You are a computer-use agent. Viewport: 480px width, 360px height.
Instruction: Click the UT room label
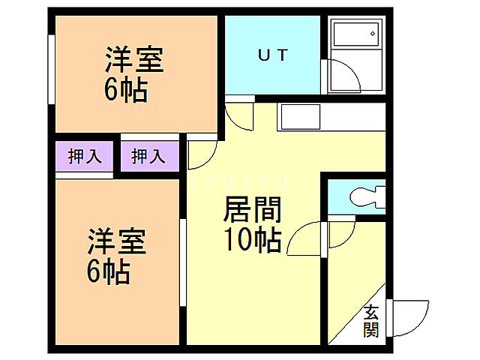(x=273, y=54)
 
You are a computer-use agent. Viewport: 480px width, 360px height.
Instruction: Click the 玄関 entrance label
(x=371, y=321)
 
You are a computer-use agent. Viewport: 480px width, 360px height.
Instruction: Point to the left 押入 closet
(x=84, y=157)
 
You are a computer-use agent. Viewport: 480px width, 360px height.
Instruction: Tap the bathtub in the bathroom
(x=355, y=37)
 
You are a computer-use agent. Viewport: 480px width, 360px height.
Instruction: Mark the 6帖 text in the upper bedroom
(x=125, y=89)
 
